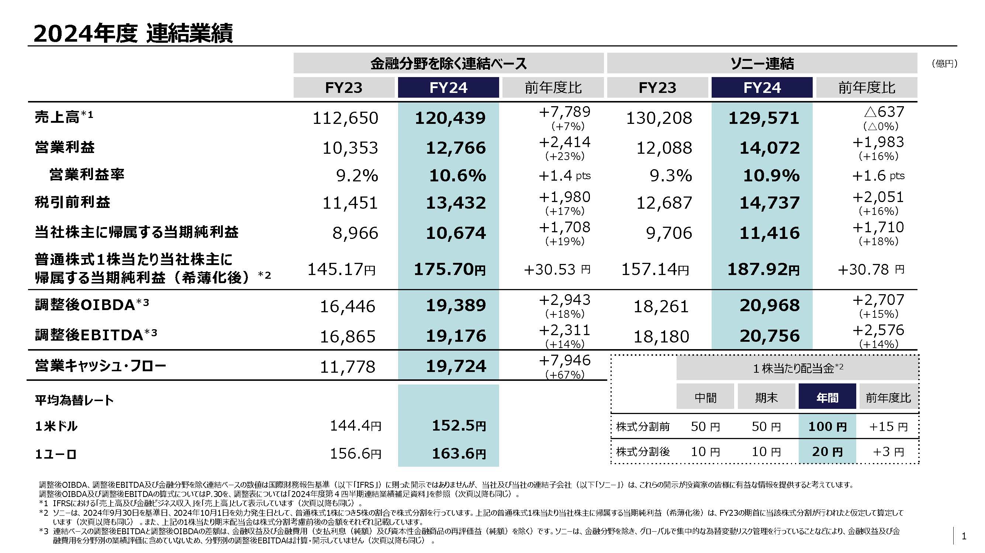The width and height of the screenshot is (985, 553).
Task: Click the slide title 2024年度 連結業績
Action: pyautogui.click(x=133, y=34)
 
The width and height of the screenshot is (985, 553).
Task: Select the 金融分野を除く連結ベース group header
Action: pyautogui.click(x=448, y=63)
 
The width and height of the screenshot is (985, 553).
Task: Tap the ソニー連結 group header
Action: pyautogui.click(x=762, y=63)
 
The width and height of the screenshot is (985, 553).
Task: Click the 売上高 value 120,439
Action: pyautogui.click(x=450, y=118)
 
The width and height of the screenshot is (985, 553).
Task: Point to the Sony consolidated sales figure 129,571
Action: pyautogui.click(x=763, y=118)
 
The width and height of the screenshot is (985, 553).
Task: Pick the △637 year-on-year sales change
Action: pyautogui.click(x=884, y=112)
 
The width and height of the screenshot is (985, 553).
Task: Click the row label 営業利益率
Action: pyautogui.click(x=87, y=175)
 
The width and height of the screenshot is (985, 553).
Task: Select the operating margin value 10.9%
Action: pyautogui.click(x=771, y=176)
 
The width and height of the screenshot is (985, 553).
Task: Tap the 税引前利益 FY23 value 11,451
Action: pyautogui.click(x=350, y=203)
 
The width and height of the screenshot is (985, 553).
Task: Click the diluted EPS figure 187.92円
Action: pyautogui.click(x=763, y=270)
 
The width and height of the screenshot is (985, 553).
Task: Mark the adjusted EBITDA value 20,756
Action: pyautogui.click(x=769, y=336)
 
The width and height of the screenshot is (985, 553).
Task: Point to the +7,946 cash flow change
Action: pyautogui.click(x=564, y=361)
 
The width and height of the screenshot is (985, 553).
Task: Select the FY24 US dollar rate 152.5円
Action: pyautogui.click(x=459, y=426)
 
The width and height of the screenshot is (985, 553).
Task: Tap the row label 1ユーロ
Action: pyautogui.click(x=56, y=454)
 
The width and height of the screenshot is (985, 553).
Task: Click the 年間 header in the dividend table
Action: pyautogui.click(x=827, y=398)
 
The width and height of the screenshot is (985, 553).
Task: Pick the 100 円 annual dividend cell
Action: pyautogui.click(x=827, y=427)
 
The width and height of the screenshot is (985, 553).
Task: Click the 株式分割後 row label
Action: pyautogui.click(x=643, y=452)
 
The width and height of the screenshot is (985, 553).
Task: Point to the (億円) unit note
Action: pyautogui.click(x=944, y=64)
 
